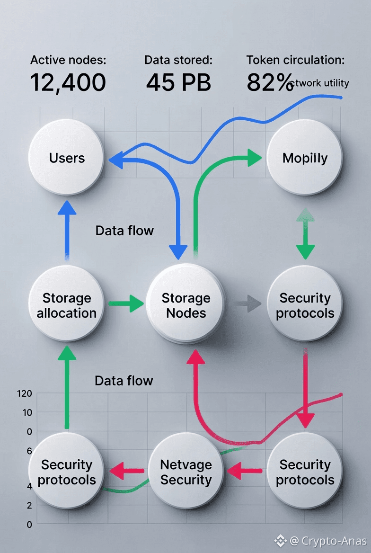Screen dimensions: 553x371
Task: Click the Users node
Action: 66,157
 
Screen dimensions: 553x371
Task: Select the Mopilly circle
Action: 305,157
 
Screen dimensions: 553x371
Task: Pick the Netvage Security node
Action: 185,472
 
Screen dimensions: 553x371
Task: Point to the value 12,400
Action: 68,82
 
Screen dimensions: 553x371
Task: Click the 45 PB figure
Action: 178,82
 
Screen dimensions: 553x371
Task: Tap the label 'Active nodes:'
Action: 68,60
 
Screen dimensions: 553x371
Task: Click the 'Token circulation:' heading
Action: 295,60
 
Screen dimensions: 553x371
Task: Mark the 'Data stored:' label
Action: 178,60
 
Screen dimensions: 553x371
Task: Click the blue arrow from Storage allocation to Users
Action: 67,230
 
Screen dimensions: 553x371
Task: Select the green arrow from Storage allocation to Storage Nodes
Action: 125,303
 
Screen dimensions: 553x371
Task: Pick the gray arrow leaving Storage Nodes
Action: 246,303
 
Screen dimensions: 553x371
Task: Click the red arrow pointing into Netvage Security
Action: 244,471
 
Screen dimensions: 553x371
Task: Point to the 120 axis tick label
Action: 24,393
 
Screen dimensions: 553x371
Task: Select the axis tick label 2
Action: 29,505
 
